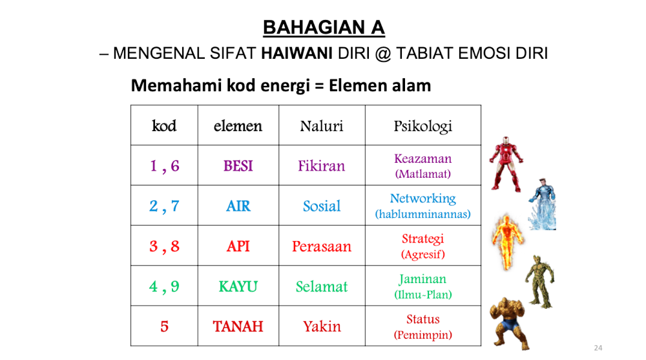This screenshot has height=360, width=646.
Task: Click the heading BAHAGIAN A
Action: [324, 28]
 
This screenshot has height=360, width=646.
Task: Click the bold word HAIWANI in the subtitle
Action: [297, 53]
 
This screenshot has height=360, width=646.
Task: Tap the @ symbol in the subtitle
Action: [382, 54]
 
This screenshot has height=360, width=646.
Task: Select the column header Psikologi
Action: [422, 126]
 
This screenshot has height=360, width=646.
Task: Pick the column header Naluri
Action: [321, 126]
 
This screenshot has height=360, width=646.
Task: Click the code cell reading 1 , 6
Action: [164, 165]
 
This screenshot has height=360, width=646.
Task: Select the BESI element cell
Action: [238, 165]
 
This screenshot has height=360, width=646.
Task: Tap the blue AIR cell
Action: [238, 206]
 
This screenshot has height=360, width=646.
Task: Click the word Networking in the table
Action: [422, 199]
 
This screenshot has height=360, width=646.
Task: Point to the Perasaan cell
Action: [322, 246]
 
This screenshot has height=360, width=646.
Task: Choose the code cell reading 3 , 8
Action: [164, 246]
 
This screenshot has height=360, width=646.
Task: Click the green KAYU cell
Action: [238, 286]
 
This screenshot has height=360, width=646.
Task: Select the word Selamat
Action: [322, 286]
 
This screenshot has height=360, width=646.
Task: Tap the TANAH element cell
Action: [238, 326]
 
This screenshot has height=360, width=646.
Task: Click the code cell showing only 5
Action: [164, 326]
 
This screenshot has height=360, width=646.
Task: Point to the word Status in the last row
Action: [422, 319]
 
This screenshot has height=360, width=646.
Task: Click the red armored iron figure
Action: [506, 164]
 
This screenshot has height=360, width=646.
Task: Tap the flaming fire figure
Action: [507, 241]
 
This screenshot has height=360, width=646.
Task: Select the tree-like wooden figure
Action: [539, 282]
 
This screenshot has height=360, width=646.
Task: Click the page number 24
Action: [598, 348]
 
